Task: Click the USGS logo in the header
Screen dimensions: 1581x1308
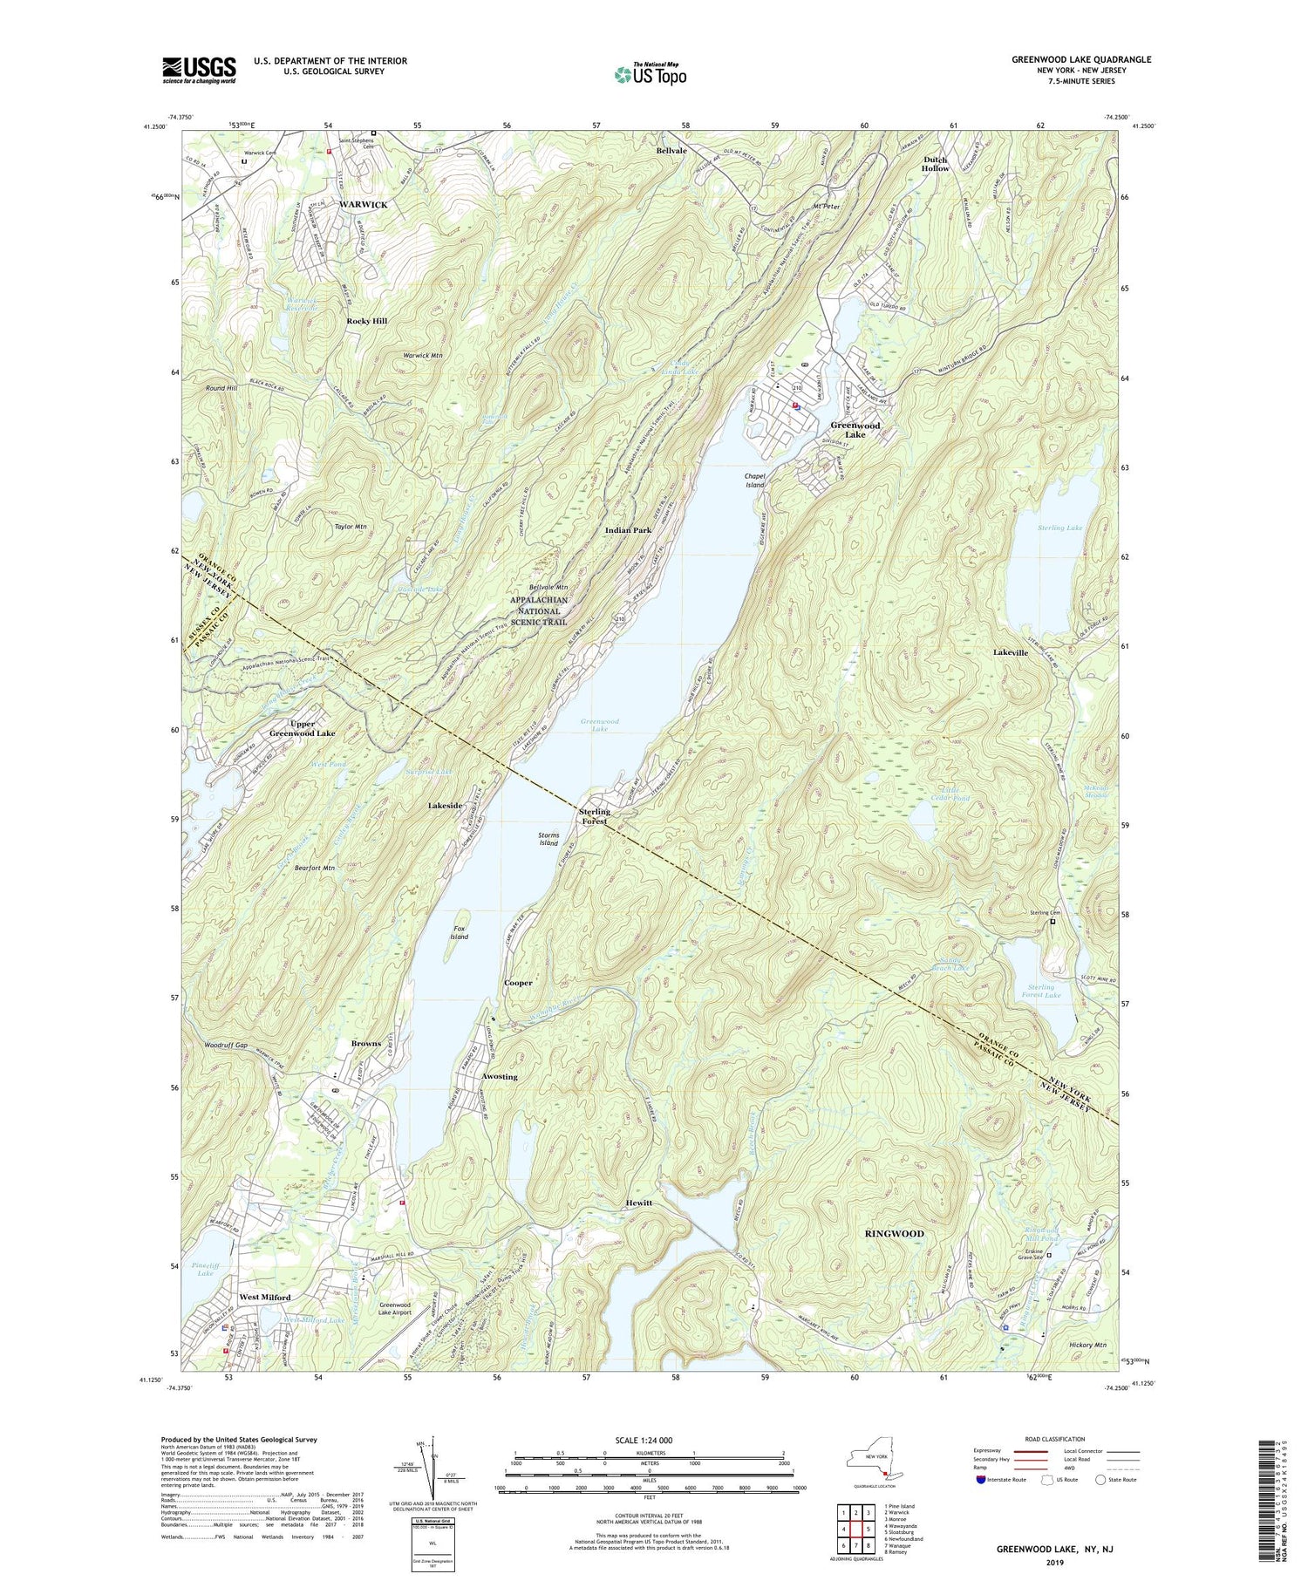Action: coord(199,70)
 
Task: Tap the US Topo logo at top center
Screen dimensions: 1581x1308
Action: coord(650,74)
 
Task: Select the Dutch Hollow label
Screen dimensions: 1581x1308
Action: coord(936,163)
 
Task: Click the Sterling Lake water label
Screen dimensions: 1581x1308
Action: coord(1059,528)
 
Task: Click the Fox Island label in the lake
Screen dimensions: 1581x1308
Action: coord(459,932)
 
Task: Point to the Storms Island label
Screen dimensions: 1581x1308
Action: coord(548,839)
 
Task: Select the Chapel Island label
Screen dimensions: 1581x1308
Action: coord(754,480)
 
